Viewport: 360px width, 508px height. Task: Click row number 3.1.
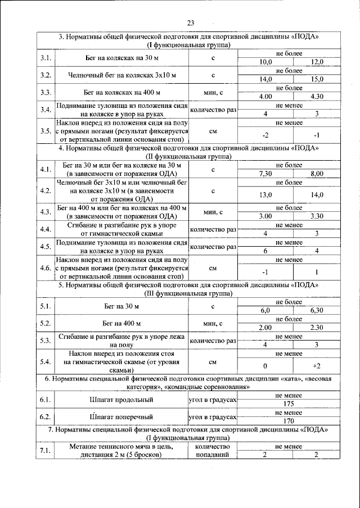click(46, 58)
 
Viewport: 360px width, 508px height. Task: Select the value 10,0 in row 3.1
click(265, 62)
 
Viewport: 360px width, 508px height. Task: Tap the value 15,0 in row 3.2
click(317, 80)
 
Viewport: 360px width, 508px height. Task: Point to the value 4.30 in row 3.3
click(317, 97)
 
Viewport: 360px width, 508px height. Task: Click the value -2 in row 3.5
click(265, 135)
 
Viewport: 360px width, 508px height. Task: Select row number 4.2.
click(46, 190)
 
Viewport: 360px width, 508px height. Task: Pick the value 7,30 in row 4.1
click(265, 174)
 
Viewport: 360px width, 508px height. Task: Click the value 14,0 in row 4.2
click(317, 194)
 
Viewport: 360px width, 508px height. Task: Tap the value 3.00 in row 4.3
click(265, 216)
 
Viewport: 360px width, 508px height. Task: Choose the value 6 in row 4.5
click(265, 251)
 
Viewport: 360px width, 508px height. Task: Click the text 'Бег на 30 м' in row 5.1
click(123, 307)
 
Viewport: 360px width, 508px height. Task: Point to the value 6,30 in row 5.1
click(317, 310)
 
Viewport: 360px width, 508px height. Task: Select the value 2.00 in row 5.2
click(265, 328)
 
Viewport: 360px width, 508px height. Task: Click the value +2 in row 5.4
click(317, 366)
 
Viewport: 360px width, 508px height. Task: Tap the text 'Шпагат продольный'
click(123, 400)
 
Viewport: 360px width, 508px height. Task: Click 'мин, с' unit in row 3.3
click(213, 92)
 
